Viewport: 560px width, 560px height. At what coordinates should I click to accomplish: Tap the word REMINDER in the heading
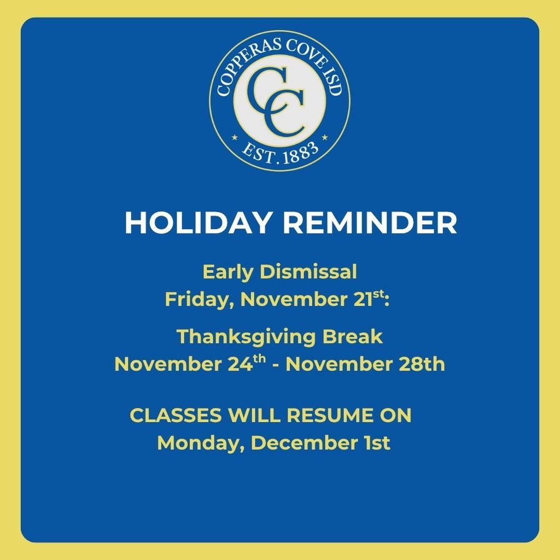click(370, 223)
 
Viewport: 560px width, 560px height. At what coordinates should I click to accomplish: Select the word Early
click(228, 273)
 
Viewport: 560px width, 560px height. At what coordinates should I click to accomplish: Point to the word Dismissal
click(308, 272)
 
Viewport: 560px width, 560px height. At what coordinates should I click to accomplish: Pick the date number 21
click(364, 299)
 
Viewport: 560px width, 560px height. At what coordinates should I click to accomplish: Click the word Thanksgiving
click(246, 337)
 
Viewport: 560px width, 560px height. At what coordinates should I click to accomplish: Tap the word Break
click(353, 336)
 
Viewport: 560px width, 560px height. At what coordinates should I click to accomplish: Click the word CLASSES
click(176, 416)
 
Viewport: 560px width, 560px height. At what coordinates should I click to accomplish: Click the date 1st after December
click(377, 443)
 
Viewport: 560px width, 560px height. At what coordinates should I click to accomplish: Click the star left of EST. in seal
click(235, 137)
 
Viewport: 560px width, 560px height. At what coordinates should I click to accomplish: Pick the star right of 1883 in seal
click(324, 137)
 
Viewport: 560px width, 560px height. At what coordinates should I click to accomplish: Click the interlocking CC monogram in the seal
click(277, 102)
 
